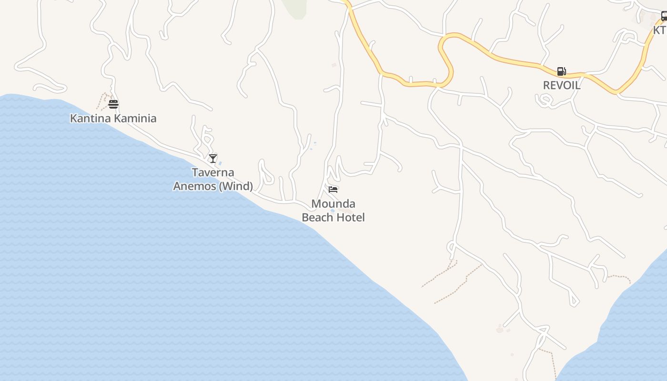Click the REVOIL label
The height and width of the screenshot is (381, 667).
tap(562, 85)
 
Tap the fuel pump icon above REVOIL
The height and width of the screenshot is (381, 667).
tap(562, 71)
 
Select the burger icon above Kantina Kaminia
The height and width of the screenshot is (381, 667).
tap(113, 104)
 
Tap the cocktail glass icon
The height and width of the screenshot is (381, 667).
tap(213, 158)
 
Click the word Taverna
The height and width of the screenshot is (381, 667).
tap(213, 172)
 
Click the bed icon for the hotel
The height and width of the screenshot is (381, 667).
tap(333, 190)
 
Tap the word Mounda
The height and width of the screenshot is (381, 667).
tap(333, 204)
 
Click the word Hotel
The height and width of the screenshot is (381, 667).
tap(350, 217)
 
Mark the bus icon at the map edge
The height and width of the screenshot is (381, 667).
tap(664, 16)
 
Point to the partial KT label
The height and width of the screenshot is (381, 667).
tap(660, 30)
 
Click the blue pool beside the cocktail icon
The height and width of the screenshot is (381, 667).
tap(220, 163)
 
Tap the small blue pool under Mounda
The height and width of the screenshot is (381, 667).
tap(333, 211)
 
